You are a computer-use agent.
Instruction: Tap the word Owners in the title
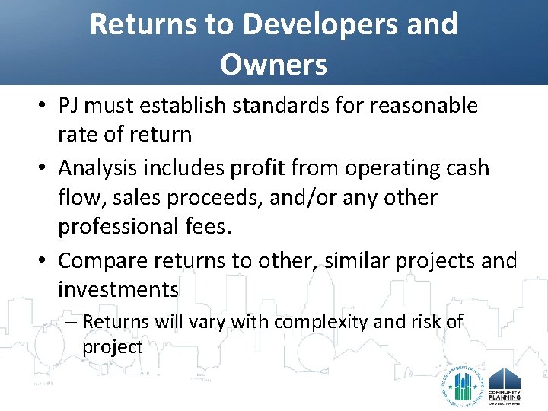274,65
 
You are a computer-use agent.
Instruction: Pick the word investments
119,290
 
